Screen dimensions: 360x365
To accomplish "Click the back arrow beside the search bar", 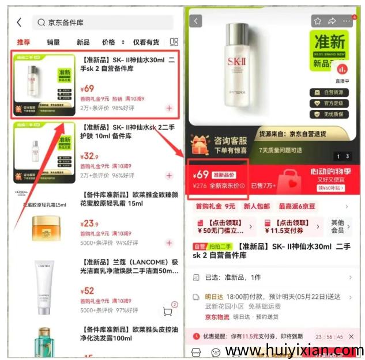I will [x=19, y=22].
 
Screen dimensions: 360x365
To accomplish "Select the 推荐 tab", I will [x=23, y=42].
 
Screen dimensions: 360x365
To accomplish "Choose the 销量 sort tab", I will [x=53, y=42].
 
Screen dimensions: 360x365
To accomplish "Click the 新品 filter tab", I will [x=83, y=42].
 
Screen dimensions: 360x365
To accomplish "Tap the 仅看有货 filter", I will [x=146, y=42].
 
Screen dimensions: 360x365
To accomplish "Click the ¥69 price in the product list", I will [x=87, y=89].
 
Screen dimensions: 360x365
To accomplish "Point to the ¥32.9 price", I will [x=89, y=156].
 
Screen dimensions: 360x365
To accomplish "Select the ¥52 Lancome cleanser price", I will [x=88, y=291].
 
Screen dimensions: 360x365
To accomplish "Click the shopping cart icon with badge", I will [x=168, y=311].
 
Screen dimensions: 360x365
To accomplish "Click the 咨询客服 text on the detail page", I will [x=231, y=140].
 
